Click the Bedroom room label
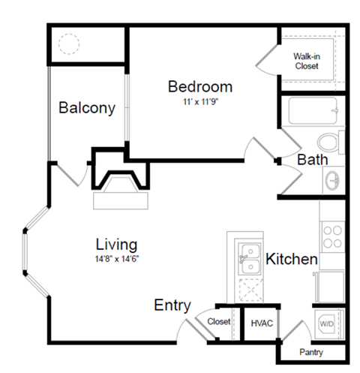tap(199, 86)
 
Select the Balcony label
tap(87, 108)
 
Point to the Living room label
tap(116, 245)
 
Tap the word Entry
tap(172, 305)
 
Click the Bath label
tap(310, 160)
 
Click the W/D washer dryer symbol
tap(328, 323)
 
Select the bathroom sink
tap(333, 180)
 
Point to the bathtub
tap(303, 115)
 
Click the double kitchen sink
tap(245, 260)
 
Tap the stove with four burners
tap(332, 237)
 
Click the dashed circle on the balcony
tap(70, 44)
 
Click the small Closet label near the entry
tap(219, 321)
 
